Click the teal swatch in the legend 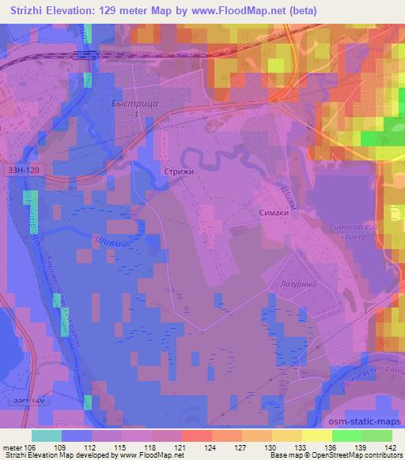coord(47,435)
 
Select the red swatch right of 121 coord(196,435)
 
